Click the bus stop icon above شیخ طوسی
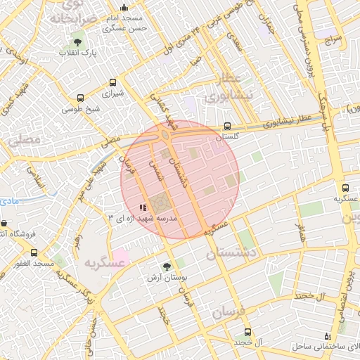click(79, 98)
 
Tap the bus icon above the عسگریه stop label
click(345, 188)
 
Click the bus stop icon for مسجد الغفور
click(34, 252)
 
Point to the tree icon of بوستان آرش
click(167, 266)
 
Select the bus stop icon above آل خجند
click(247, 332)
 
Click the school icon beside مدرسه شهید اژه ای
click(143, 207)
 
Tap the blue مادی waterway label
click(8, 201)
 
